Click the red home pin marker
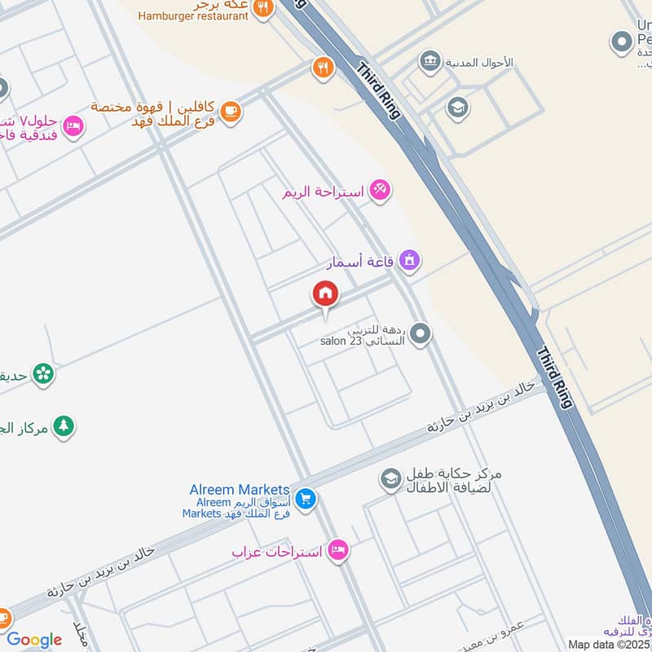[325, 293]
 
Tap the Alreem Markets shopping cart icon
[306, 499]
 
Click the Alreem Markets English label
[240, 489]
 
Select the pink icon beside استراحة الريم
[379, 190]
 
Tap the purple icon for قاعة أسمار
[409, 260]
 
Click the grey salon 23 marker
[420, 333]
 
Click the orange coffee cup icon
[231, 112]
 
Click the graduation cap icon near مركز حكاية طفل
[391, 479]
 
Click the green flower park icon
[44, 374]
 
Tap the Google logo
[34, 640]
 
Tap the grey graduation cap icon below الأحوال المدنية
[457, 107]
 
